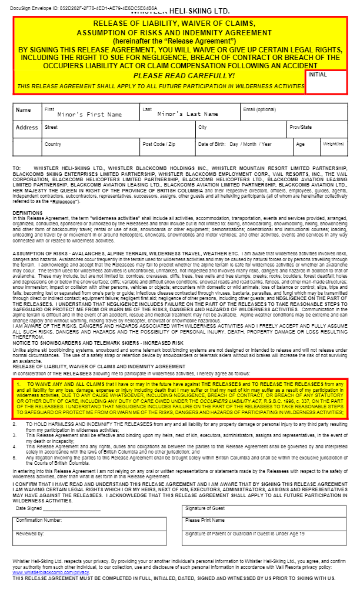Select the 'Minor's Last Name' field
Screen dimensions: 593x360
point(188,114)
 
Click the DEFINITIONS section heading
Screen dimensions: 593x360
point(28,212)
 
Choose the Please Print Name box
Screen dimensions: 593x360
point(265,522)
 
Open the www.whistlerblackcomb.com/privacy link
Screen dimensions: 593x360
point(51,572)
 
